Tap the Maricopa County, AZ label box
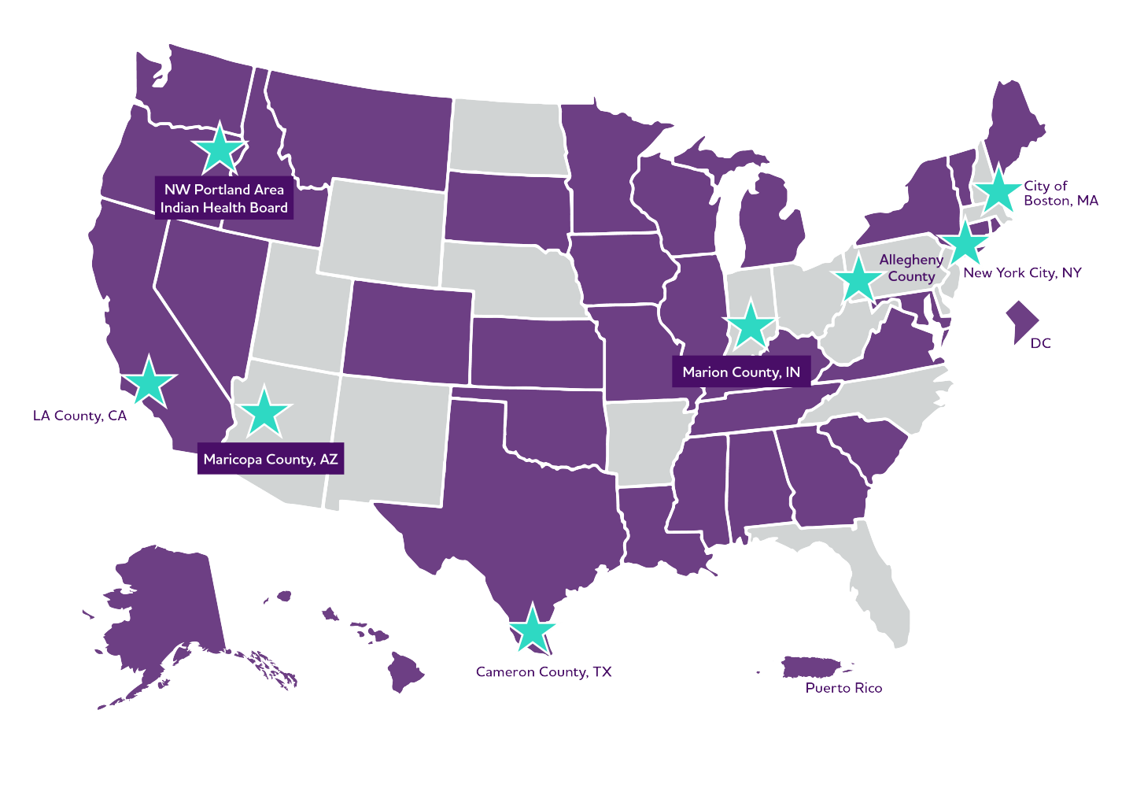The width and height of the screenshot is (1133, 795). pyautogui.click(x=271, y=459)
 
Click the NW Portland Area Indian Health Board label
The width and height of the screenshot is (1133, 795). pyautogui.click(x=224, y=198)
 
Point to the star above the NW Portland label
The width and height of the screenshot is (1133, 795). pyautogui.click(x=220, y=148)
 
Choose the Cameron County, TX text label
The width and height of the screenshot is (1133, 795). pyautogui.click(x=544, y=671)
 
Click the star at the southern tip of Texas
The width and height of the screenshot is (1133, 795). pyautogui.click(x=533, y=630)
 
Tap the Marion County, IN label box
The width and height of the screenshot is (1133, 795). pyautogui.click(x=741, y=372)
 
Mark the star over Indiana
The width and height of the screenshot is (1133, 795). pyautogui.click(x=751, y=325)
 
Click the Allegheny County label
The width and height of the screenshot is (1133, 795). pyautogui.click(x=911, y=268)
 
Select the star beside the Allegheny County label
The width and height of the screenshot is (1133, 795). pyautogui.click(x=858, y=279)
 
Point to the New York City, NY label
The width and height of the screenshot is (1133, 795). pyautogui.click(x=1022, y=273)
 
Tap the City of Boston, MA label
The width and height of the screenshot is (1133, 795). pyautogui.click(x=1060, y=193)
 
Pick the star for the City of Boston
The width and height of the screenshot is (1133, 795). pyautogui.click(x=997, y=190)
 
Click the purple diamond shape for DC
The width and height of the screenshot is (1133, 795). pyautogui.click(x=1022, y=321)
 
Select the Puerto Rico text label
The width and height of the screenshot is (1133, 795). pyautogui.click(x=843, y=688)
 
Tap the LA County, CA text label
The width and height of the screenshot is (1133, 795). pyautogui.click(x=79, y=416)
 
